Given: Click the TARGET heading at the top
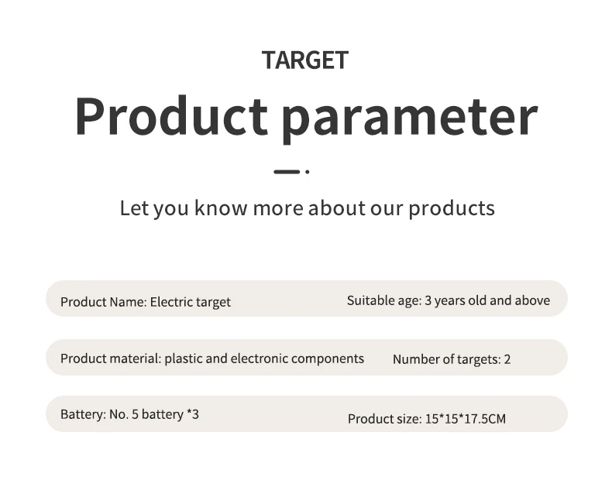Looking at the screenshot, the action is coord(305,60).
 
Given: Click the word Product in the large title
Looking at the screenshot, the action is coord(171,116).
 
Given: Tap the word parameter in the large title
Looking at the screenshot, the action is coord(410,119).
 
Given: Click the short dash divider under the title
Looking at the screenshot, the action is coord(287,172).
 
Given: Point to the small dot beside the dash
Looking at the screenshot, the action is coord(308,172).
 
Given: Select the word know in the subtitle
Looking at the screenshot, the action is coord(221,207).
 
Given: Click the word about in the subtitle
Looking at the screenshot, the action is coord(337,207).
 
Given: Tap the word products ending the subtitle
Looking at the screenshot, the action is coord(452,209).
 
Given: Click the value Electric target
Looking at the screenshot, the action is coord(191,302).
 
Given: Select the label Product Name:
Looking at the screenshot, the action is coord(104,302).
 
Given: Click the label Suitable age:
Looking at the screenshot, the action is coord(384,300).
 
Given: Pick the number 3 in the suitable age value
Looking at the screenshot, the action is coord(428,300).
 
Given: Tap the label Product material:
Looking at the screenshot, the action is coord(111,358).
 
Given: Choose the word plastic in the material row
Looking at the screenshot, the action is coord(183,359).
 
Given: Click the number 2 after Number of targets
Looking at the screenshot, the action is coord(507,359).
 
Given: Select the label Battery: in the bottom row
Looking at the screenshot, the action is coord(83,414).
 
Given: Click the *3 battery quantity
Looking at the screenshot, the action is coord(193,413).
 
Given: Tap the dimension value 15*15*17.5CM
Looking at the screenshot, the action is coord(466,419).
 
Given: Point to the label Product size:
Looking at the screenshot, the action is coord(385,419).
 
